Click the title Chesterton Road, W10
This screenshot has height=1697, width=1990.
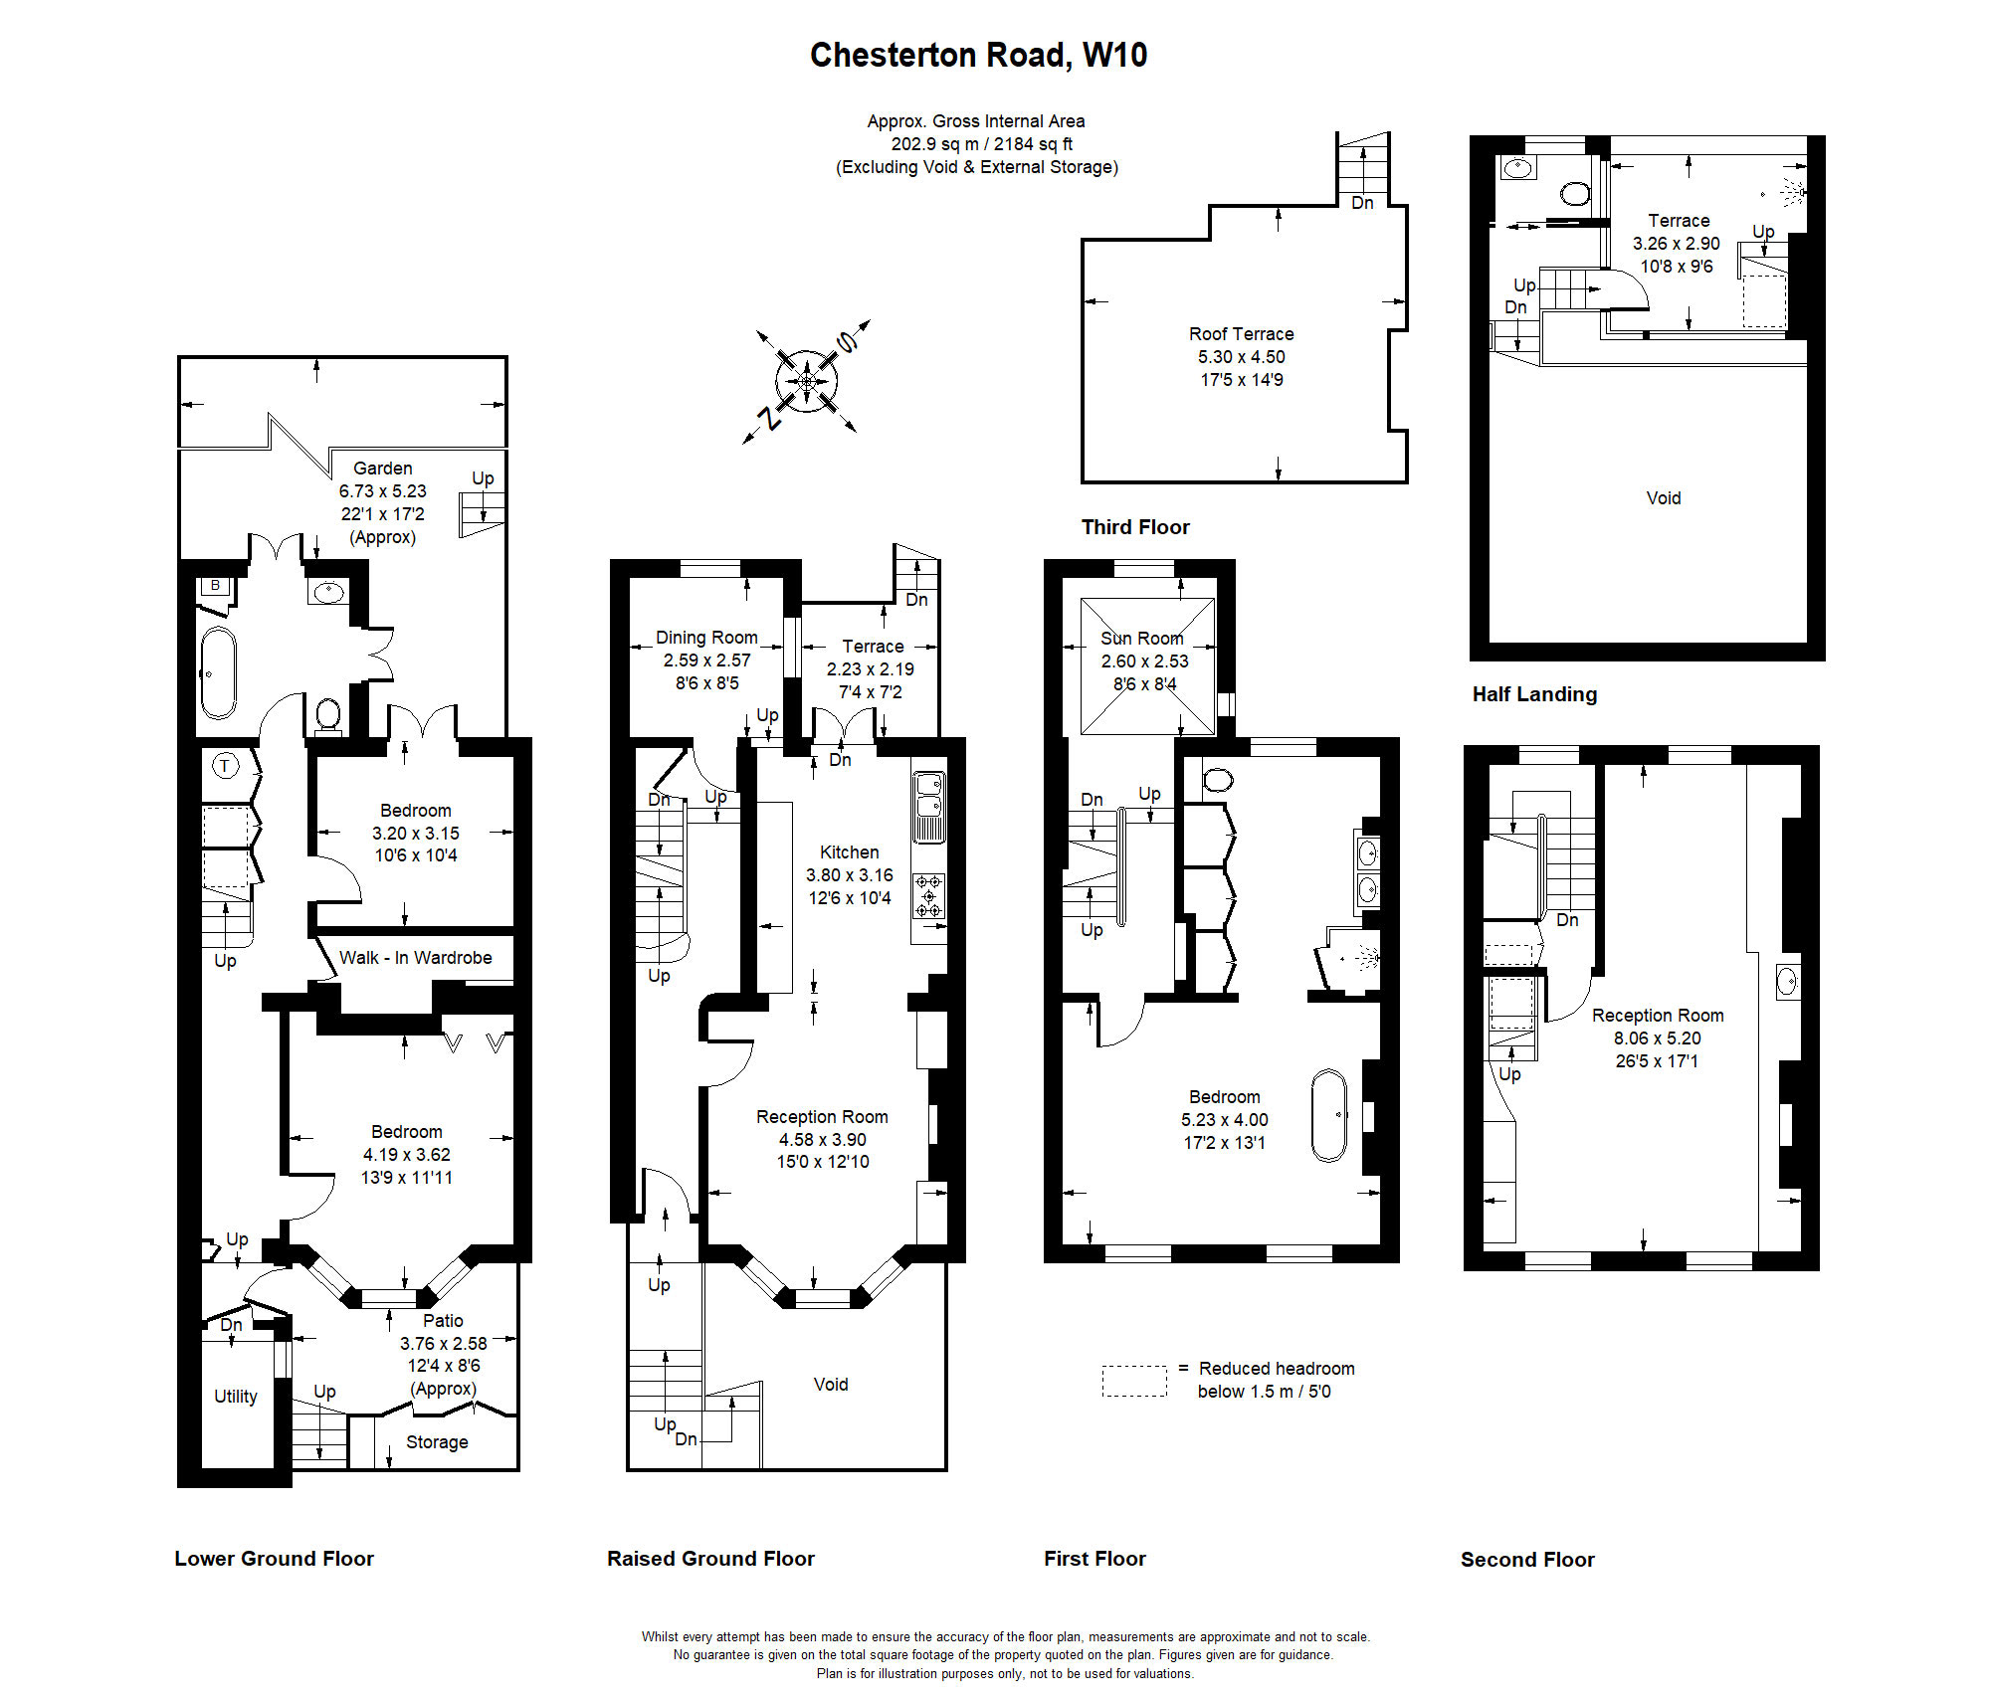[978, 55]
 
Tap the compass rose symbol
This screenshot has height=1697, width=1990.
[807, 381]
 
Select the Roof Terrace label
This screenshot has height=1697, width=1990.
[1241, 334]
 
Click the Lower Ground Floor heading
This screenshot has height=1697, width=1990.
[274, 1559]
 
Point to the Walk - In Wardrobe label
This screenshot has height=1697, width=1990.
[415, 958]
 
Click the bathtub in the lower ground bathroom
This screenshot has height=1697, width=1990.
[219, 672]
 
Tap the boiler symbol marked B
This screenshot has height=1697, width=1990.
[215, 586]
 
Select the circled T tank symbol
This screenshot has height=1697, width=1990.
[226, 766]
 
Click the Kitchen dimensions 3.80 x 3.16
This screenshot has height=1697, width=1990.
[849, 875]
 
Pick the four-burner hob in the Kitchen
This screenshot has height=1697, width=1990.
[929, 895]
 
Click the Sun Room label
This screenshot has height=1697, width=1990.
[1141, 639]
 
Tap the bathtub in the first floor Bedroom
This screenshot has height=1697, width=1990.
[1328, 1115]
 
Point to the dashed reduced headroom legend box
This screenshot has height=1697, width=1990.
[1133, 1381]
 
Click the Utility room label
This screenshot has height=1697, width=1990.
[236, 1397]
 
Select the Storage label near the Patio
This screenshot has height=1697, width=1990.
[437, 1442]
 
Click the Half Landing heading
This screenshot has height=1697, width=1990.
[1534, 694]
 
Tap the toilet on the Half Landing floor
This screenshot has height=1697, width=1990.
[1575, 192]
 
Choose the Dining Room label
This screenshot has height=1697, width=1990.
[706, 638]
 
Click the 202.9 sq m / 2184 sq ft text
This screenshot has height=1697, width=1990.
[981, 144]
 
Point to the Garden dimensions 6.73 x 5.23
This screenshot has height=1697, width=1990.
[382, 491]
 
